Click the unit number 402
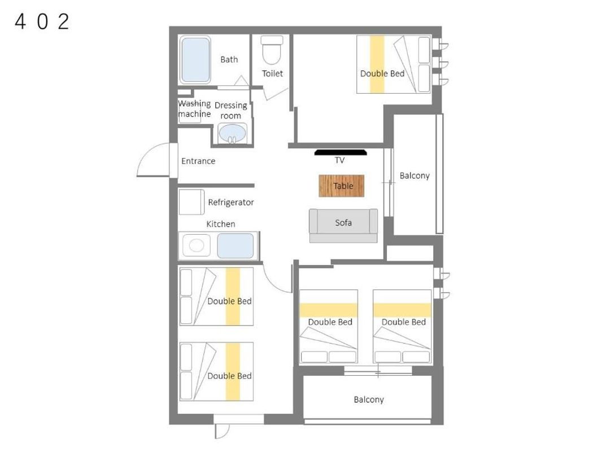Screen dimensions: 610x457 (x=42, y=22)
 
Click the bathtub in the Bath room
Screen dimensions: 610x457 (x=195, y=59)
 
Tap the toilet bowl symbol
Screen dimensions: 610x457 (x=272, y=50)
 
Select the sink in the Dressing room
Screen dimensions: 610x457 (x=232, y=133)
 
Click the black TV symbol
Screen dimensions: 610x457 (x=341, y=152)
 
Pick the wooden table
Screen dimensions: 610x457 (x=342, y=186)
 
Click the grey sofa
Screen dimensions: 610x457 (x=343, y=226)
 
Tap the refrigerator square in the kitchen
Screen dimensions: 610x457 (x=191, y=202)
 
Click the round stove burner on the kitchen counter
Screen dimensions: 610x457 (x=197, y=245)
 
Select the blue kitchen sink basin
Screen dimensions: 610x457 (x=236, y=245)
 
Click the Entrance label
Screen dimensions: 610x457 (x=198, y=161)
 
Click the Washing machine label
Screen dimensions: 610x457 (x=194, y=109)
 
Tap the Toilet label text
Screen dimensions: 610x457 (x=272, y=73)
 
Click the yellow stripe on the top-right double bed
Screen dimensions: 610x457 (x=377, y=64)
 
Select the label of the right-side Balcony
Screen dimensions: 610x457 (x=415, y=175)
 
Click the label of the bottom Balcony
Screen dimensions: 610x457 (x=369, y=399)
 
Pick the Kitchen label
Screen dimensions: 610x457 (x=221, y=224)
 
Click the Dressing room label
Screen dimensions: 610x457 (x=230, y=111)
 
